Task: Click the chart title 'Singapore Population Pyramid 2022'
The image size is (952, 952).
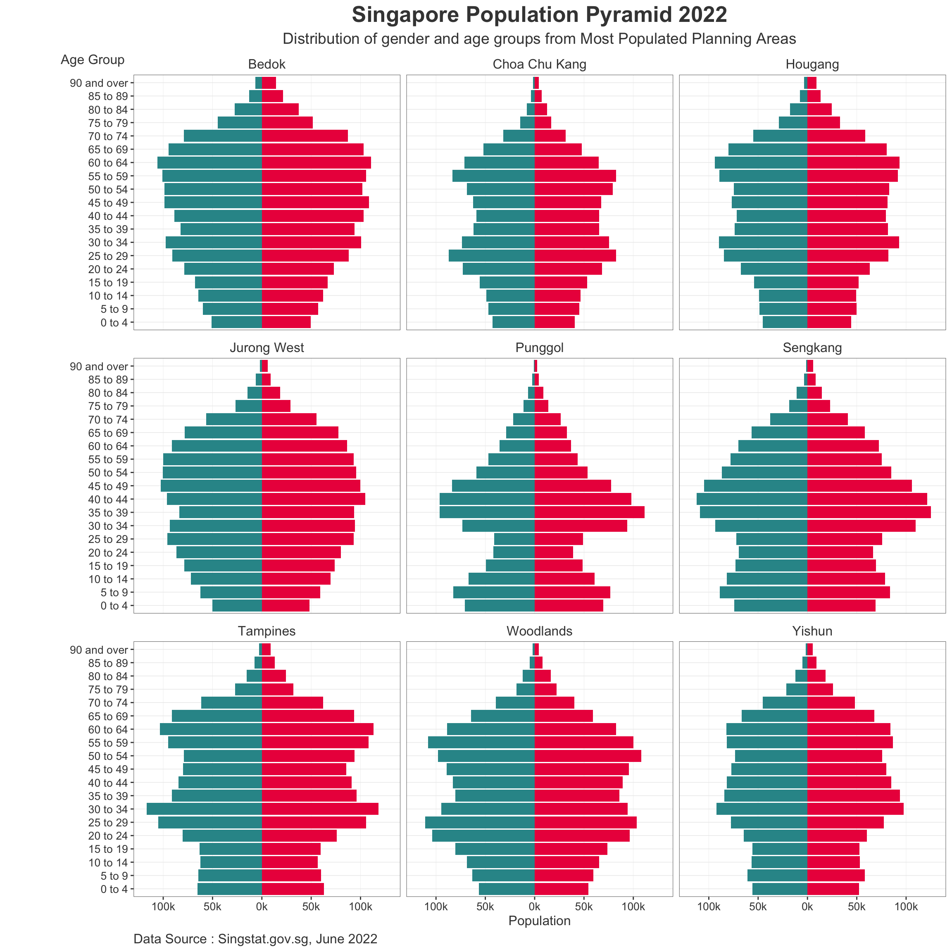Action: (x=539, y=15)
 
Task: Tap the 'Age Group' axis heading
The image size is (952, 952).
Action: (x=93, y=59)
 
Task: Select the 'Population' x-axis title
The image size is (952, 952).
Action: (x=539, y=921)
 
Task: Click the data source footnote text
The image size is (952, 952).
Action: (x=255, y=939)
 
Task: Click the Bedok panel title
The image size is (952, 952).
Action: (x=267, y=64)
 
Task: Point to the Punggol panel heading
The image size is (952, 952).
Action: (x=539, y=348)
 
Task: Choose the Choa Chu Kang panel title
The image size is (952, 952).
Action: (x=539, y=64)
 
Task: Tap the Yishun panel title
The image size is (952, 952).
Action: (x=812, y=631)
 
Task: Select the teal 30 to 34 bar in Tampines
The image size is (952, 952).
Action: (x=204, y=809)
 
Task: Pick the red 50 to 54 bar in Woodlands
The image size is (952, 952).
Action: (x=588, y=756)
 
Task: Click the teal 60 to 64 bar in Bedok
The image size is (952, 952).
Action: (x=209, y=163)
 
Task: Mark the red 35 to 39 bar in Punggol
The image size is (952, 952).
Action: (x=589, y=512)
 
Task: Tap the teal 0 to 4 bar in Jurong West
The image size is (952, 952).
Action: (x=237, y=606)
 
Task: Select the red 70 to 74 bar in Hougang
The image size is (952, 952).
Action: (x=836, y=136)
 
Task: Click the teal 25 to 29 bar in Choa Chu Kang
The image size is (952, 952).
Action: (x=491, y=256)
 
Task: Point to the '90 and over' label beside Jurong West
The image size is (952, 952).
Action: (x=99, y=367)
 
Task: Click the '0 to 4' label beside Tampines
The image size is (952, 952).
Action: (x=114, y=889)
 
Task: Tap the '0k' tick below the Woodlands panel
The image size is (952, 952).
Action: (x=534, y=907)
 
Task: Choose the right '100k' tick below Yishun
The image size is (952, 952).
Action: (x=906, y=907)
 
